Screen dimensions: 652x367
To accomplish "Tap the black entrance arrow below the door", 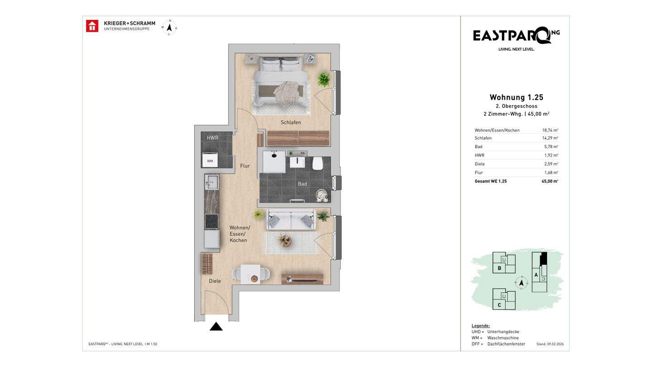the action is (216, 327).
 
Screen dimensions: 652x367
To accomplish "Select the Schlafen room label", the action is (291, 122).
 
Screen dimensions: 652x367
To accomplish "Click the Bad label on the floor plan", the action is (302, 184).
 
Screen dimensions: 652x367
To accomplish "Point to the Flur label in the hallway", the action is (245, 166).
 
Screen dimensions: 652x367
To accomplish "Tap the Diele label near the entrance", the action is (215, 281).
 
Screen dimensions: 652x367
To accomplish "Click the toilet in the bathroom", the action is (317, 164).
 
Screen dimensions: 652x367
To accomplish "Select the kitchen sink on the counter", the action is (211, 182).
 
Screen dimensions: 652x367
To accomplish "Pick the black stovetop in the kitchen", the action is (211, 222).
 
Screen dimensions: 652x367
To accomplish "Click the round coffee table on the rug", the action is (285, 241).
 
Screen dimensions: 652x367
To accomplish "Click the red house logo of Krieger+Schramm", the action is (92, 26).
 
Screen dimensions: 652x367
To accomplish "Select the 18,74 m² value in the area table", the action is (550, 130).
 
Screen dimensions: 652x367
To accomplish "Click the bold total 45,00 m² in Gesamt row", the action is (550, 181).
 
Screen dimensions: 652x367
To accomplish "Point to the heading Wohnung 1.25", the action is (516, 97).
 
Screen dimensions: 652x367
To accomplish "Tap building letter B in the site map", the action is (499, 268).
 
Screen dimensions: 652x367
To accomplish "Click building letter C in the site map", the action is (499, 305).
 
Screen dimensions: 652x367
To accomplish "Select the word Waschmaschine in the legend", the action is (503, 338).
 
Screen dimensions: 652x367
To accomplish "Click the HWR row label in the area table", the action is (479, 155).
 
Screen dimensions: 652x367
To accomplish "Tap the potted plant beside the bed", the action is (324, 79).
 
